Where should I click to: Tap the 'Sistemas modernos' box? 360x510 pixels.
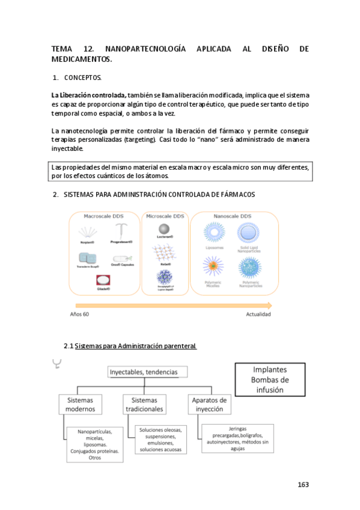(x=81, y=404)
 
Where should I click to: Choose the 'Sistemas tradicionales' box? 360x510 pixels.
(x=144, y=404)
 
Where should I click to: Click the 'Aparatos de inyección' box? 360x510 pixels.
(x=209, y=404)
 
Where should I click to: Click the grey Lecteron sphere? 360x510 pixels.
(x=164, y=229)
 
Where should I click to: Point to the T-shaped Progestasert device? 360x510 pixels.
(x=121, y=231)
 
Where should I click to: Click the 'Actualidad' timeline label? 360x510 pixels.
(x=258, y=315)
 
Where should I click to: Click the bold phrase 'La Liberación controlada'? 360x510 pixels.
(x=88, y=95)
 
